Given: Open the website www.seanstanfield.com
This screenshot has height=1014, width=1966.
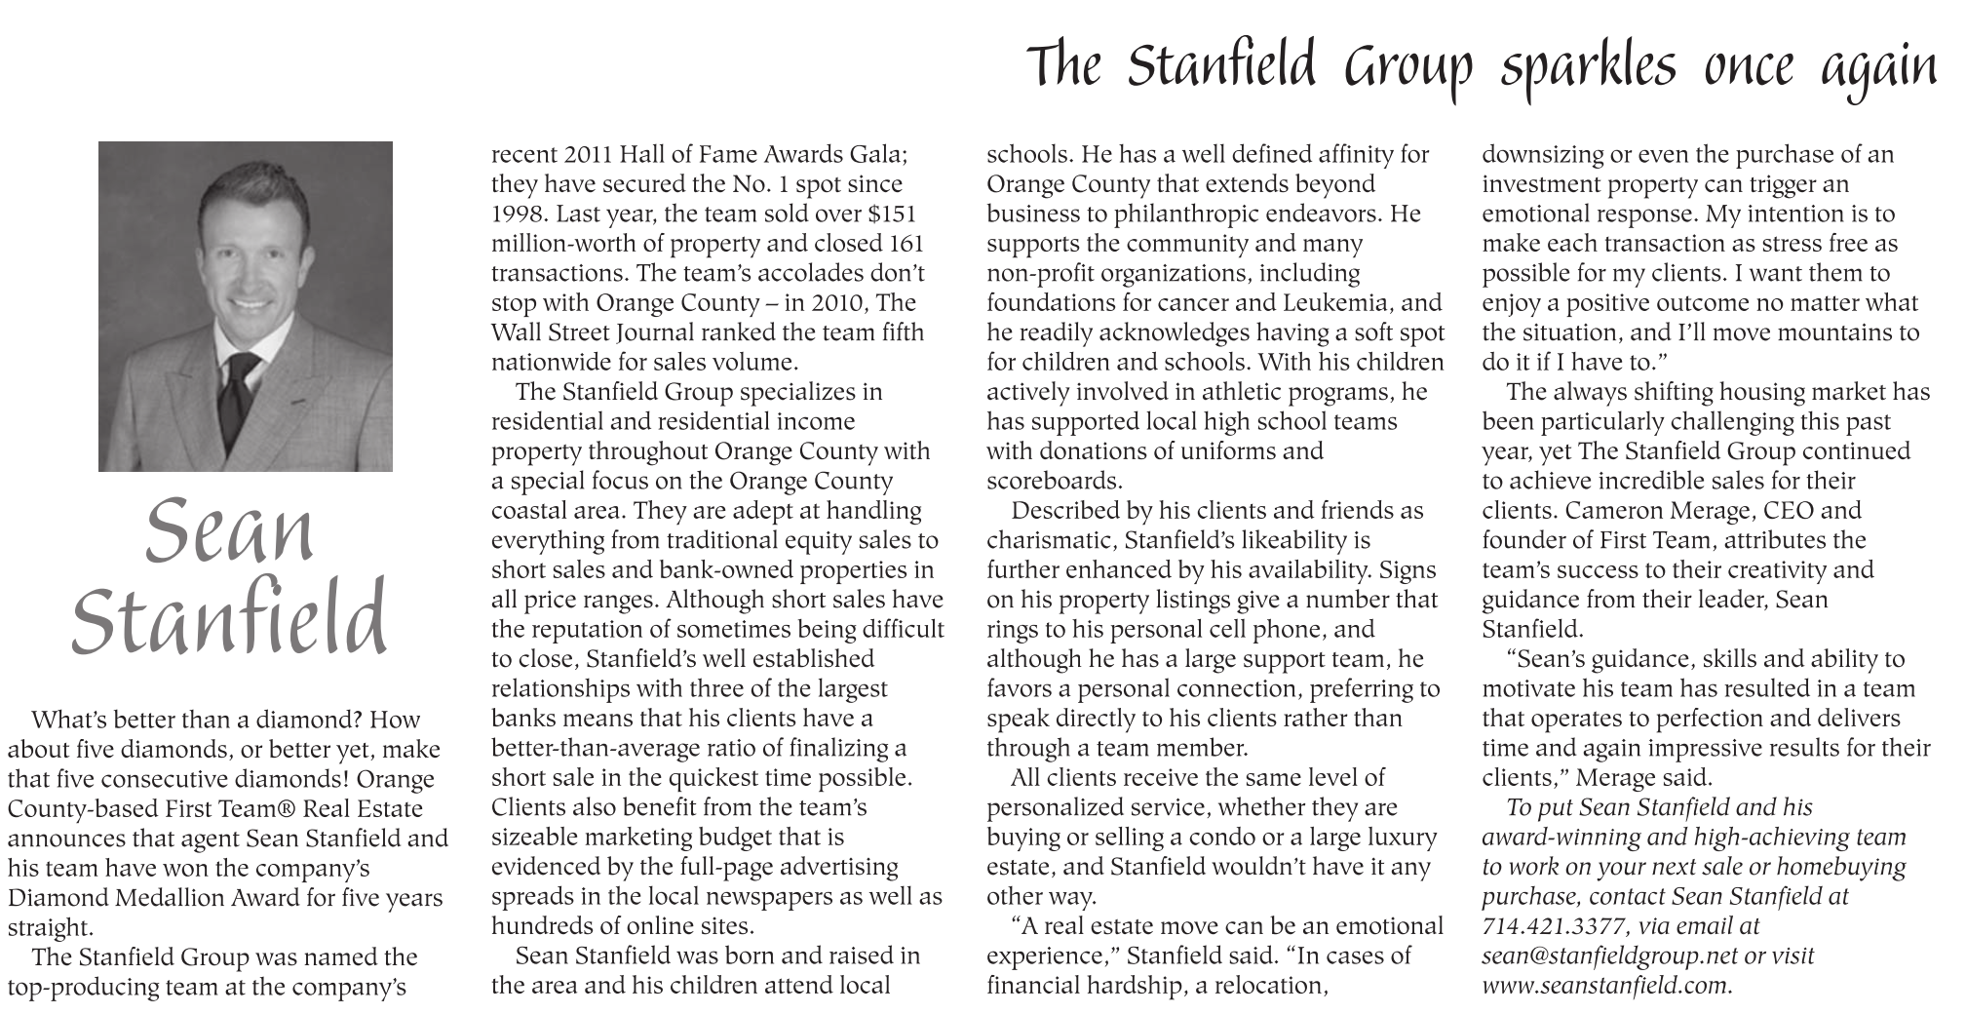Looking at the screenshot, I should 1604,985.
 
